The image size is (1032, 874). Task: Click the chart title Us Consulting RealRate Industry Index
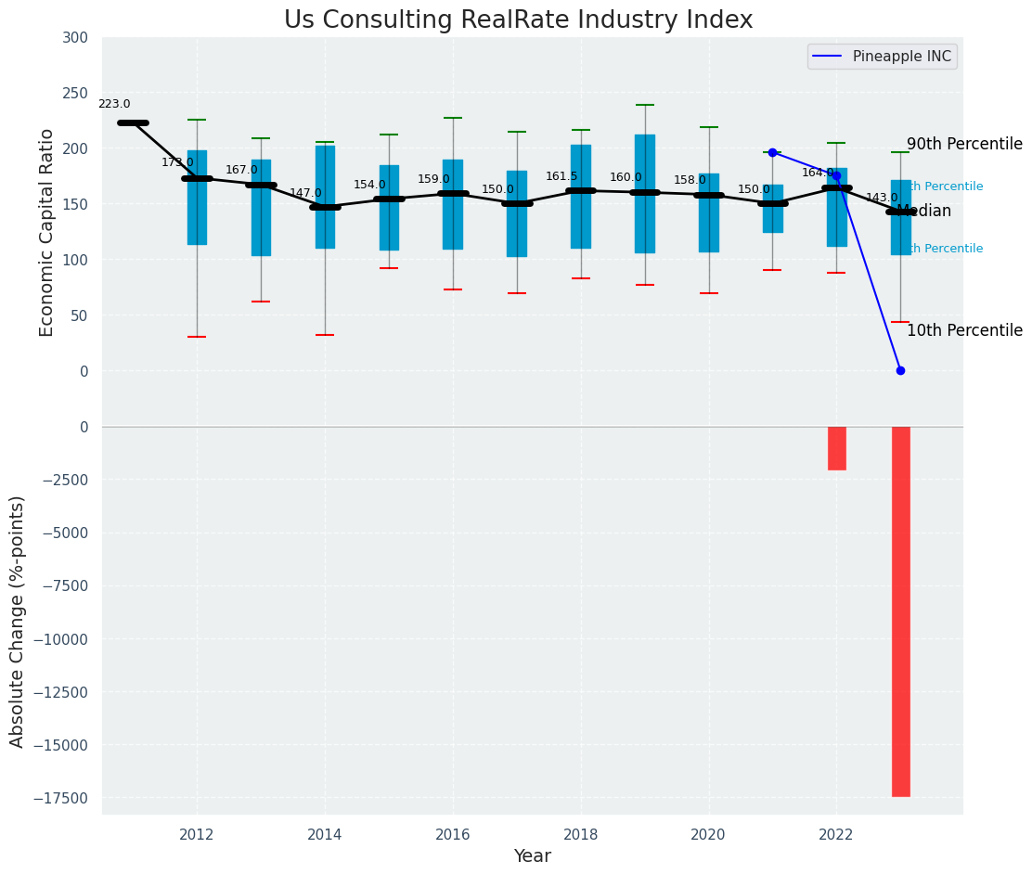(518, 20)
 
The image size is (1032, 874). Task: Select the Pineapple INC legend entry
(882, 57)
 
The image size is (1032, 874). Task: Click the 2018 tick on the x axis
(581, 834)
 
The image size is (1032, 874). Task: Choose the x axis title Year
(532, 856)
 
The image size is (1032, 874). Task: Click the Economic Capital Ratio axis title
(47, 232)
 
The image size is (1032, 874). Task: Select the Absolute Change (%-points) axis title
(18, 621)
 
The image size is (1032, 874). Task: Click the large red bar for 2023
(900, 611)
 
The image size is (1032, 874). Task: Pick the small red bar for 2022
(836, 448)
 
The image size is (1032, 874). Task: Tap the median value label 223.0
(114, 105)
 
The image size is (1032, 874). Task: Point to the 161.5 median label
(561, 176)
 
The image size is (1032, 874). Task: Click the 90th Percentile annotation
(964, 145)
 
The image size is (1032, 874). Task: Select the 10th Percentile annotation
(964, 331)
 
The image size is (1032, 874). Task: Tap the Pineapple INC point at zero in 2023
(900, 370)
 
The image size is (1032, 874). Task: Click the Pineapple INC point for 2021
(772, 152)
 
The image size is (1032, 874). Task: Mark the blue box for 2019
(645, 193)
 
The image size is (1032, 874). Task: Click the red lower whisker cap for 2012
(197, 337)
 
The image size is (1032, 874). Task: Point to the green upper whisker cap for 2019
(645, 105)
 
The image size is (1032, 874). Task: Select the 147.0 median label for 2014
(305, 193)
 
